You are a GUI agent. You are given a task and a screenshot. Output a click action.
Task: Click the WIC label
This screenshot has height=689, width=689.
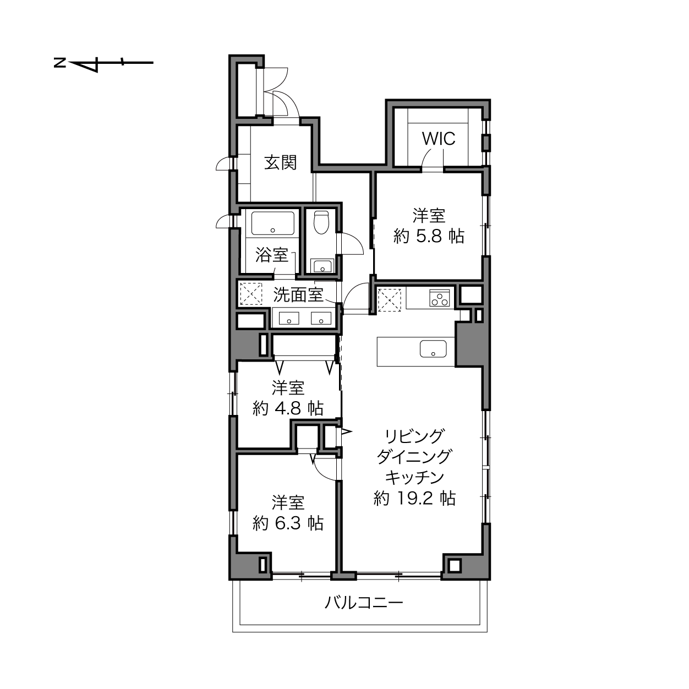(x=439, y=138)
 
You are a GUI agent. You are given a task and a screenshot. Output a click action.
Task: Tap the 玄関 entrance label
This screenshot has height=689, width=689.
(x=281, y=162)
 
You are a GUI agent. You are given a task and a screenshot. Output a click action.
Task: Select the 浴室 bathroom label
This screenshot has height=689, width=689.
(x=272, y=255)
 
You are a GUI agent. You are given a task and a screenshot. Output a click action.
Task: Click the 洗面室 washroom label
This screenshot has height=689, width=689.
(x=298, y=294)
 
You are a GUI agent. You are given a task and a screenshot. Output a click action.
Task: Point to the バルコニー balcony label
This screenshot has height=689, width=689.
(x=364, y=603)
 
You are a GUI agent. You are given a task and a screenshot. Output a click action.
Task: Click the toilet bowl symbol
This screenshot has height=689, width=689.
(x=321, y=222)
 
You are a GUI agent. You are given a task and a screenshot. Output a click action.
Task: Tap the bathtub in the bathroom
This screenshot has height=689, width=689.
(x=273, y=223)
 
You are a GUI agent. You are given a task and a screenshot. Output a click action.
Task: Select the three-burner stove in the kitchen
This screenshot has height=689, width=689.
(x=439, y=297)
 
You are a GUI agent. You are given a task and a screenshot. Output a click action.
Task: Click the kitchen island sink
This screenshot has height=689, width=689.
(x=433, y=348)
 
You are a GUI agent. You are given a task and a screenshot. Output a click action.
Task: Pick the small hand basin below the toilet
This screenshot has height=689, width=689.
(x=322, y=266)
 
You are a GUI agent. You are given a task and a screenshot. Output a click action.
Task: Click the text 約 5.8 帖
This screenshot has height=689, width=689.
(x=429, y=236)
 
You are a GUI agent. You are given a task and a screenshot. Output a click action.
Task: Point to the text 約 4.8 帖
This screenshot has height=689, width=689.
(x=288, y=408)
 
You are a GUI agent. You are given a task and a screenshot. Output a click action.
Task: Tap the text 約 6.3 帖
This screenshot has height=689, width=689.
(x=288, y=523)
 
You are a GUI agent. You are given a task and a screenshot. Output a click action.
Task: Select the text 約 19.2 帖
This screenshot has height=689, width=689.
(x=414, y=498)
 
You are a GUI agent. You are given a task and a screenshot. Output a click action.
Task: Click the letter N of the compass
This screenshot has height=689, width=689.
(x=60, y=63)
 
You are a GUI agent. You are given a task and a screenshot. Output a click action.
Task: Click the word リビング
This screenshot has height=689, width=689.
(x=414, y=436)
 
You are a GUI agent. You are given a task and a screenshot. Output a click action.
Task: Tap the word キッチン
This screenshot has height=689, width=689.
(x=414, y=477)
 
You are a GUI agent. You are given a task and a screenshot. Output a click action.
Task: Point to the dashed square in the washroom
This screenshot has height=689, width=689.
(x=251, y=294)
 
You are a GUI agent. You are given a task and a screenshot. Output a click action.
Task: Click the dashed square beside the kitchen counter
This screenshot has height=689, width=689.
(x=390, y=300)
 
